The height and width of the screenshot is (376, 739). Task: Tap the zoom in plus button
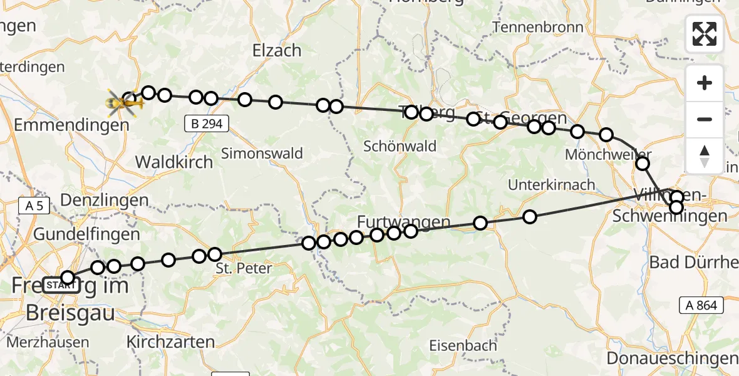pos(705,83)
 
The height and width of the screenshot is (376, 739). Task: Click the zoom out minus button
pos(705,119)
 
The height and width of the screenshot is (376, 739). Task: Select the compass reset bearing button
pos(705,155)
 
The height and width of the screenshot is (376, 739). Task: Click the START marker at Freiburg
pos(61,286)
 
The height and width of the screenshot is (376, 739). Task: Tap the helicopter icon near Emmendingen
pos(123,103)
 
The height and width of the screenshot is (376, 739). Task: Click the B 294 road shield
pos(207,124)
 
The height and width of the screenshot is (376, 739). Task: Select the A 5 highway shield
pos(34,206)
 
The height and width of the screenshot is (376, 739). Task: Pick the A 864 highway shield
pos(701,305)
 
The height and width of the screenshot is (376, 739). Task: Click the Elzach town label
pos(277,50)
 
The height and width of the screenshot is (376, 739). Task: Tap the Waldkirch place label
pos(174,162)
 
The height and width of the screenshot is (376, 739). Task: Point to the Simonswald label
pos(262,153)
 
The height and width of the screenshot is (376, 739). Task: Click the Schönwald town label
pos(401,146)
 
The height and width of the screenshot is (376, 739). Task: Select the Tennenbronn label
pos(538,28)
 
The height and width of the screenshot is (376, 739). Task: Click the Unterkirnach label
pos(552,185)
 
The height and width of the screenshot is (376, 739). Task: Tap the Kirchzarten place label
pos(170,342)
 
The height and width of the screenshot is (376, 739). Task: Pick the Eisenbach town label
pos(463,345)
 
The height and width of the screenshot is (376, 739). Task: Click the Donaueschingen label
pos(672,358)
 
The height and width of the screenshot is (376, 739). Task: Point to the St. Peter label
pos(244,269)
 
